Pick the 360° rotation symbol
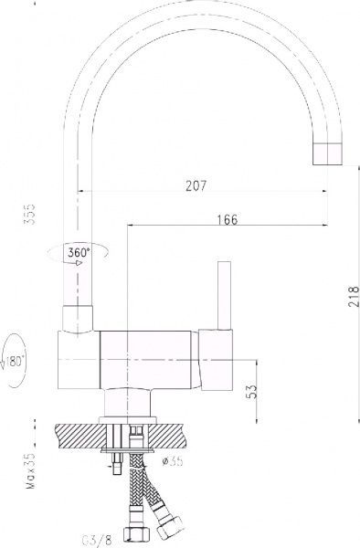(77, 252)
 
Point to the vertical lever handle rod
(219, 294)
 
